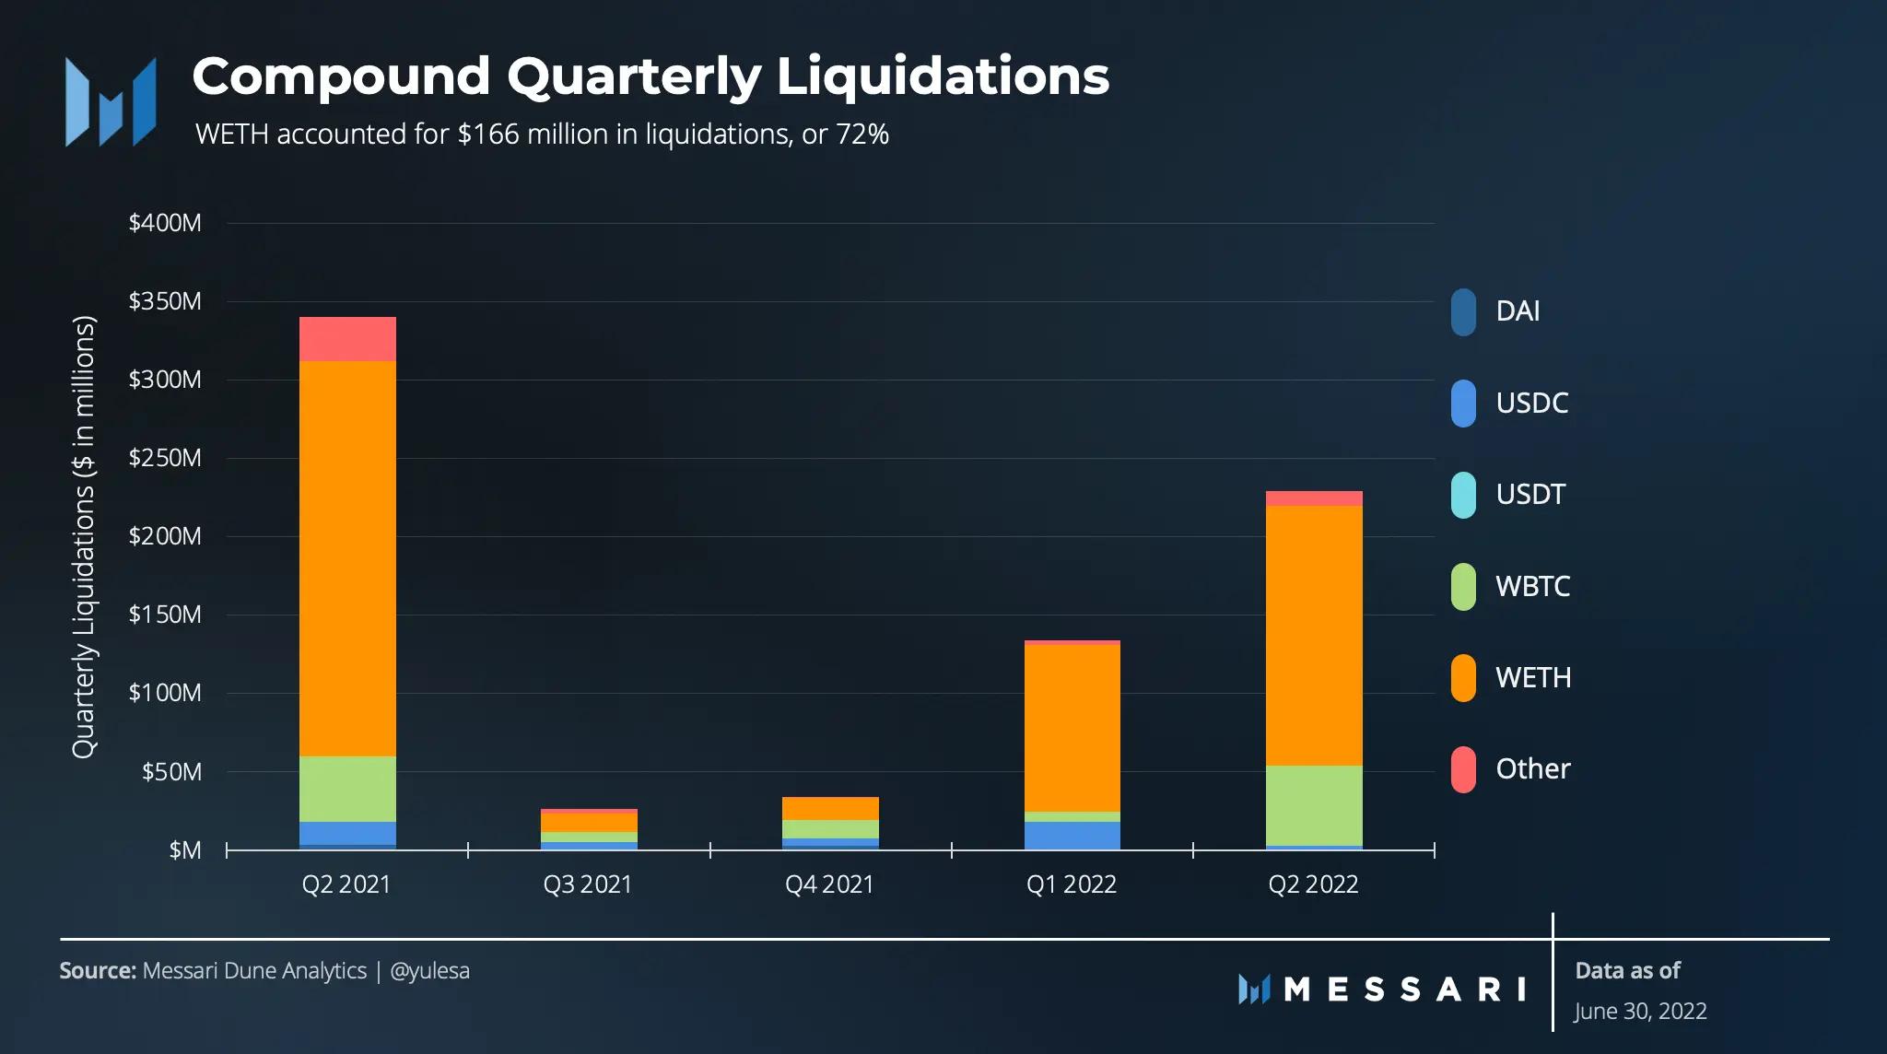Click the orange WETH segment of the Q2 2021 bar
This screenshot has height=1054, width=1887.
point(347,557)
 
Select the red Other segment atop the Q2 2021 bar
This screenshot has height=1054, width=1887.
point(347,338)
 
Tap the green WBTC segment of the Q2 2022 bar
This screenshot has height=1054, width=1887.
point(1314,804)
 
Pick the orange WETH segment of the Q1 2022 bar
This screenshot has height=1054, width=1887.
point(1072,727)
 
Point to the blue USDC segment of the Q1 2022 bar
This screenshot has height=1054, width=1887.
point(1072,835)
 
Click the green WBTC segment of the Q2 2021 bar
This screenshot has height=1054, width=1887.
point(347,789)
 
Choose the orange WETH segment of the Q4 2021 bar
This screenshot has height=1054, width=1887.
point(830,808)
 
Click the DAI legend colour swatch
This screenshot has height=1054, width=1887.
point(1463,312)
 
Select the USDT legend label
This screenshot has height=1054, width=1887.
point(1530,495)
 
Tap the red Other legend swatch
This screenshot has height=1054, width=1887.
point(1463,769)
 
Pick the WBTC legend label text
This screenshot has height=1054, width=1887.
point(1532,586)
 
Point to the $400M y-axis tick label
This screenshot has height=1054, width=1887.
point(165,223)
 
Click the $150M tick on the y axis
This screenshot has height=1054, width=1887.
point(165,615)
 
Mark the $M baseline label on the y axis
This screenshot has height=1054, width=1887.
point(184,850)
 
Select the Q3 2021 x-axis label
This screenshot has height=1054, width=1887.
point(588,884)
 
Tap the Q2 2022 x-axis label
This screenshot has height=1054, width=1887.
point(1313,884)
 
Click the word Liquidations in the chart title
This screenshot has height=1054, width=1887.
point(943,76)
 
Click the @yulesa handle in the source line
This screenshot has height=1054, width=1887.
point(429,971)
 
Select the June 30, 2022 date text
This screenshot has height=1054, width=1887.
point(1640,1012)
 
